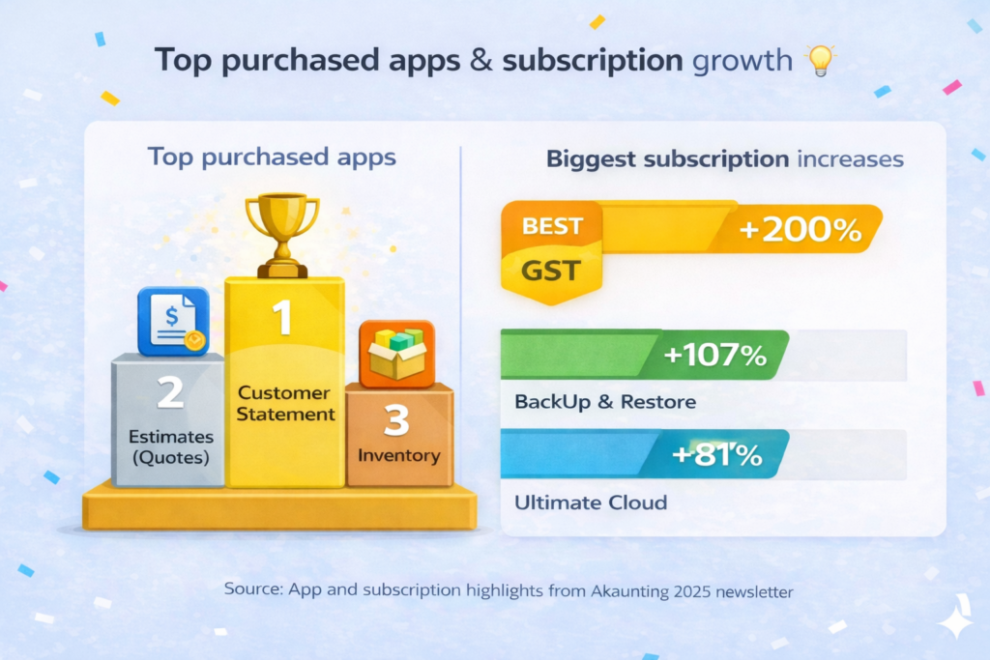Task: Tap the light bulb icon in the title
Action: [x=820, y=61]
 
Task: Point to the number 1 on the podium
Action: [x=283, y=318]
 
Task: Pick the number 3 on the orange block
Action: [x=399, y=420]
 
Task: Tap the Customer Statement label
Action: [x=284, y=404]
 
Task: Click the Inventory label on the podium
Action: [x=398, y=455]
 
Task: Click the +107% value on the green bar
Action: [x=715, y=356]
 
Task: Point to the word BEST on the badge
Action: [x=552, y=227]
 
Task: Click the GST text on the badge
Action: [x=551, y=271]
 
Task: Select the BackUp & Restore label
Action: [x=605, y=401]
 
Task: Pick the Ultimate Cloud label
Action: [x=591, y=502]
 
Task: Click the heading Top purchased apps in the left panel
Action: [x=272, y=157]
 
